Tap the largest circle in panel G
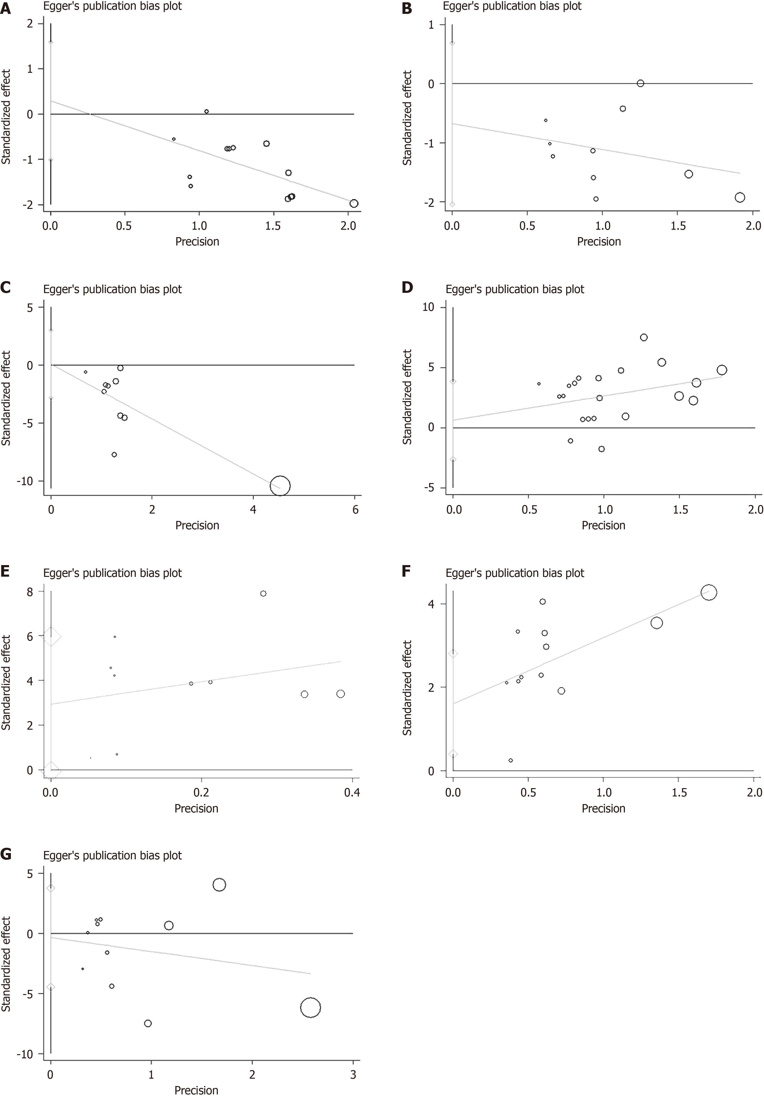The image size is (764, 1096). [x=310, y=1008]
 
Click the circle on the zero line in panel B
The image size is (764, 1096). [x=640, y=83]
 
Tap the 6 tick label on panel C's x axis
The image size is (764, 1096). [x=355, y=510]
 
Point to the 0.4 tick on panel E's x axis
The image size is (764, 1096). [x=352, y=793]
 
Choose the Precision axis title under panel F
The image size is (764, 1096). [x=603, y=808]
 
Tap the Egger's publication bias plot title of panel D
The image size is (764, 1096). [x=515, y=289]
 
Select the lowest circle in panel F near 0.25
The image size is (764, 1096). [x=510, y=760]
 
